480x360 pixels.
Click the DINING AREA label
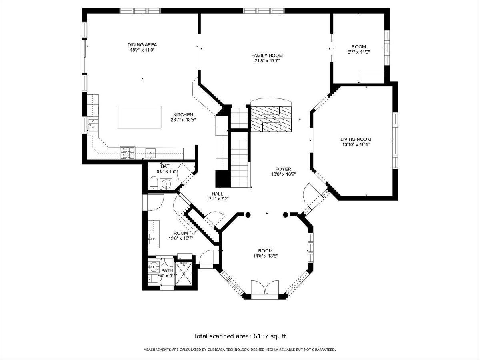[x=142, y=44]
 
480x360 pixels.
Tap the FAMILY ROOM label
[x=267, y=56]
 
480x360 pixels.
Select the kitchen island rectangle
[x=140, y=117]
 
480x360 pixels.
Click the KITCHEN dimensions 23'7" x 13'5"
[x=183, y=120]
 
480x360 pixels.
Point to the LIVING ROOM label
[x=356, y=139]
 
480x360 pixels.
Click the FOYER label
[x=283, y=169]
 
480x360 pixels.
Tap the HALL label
[x=217, y=194]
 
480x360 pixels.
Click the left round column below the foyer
[x=248, y=215]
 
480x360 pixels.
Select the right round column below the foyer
[x=285, y=215]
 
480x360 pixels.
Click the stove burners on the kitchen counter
[x=128, y=153]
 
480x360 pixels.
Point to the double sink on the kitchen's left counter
[x=93, y=124]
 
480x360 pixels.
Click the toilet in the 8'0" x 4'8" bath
[x=154, y=183]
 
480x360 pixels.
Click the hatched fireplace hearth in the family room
[x=271, y=119]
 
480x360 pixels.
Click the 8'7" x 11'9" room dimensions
[x=359, y=52]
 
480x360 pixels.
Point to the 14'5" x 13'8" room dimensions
[x=265, y=256]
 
